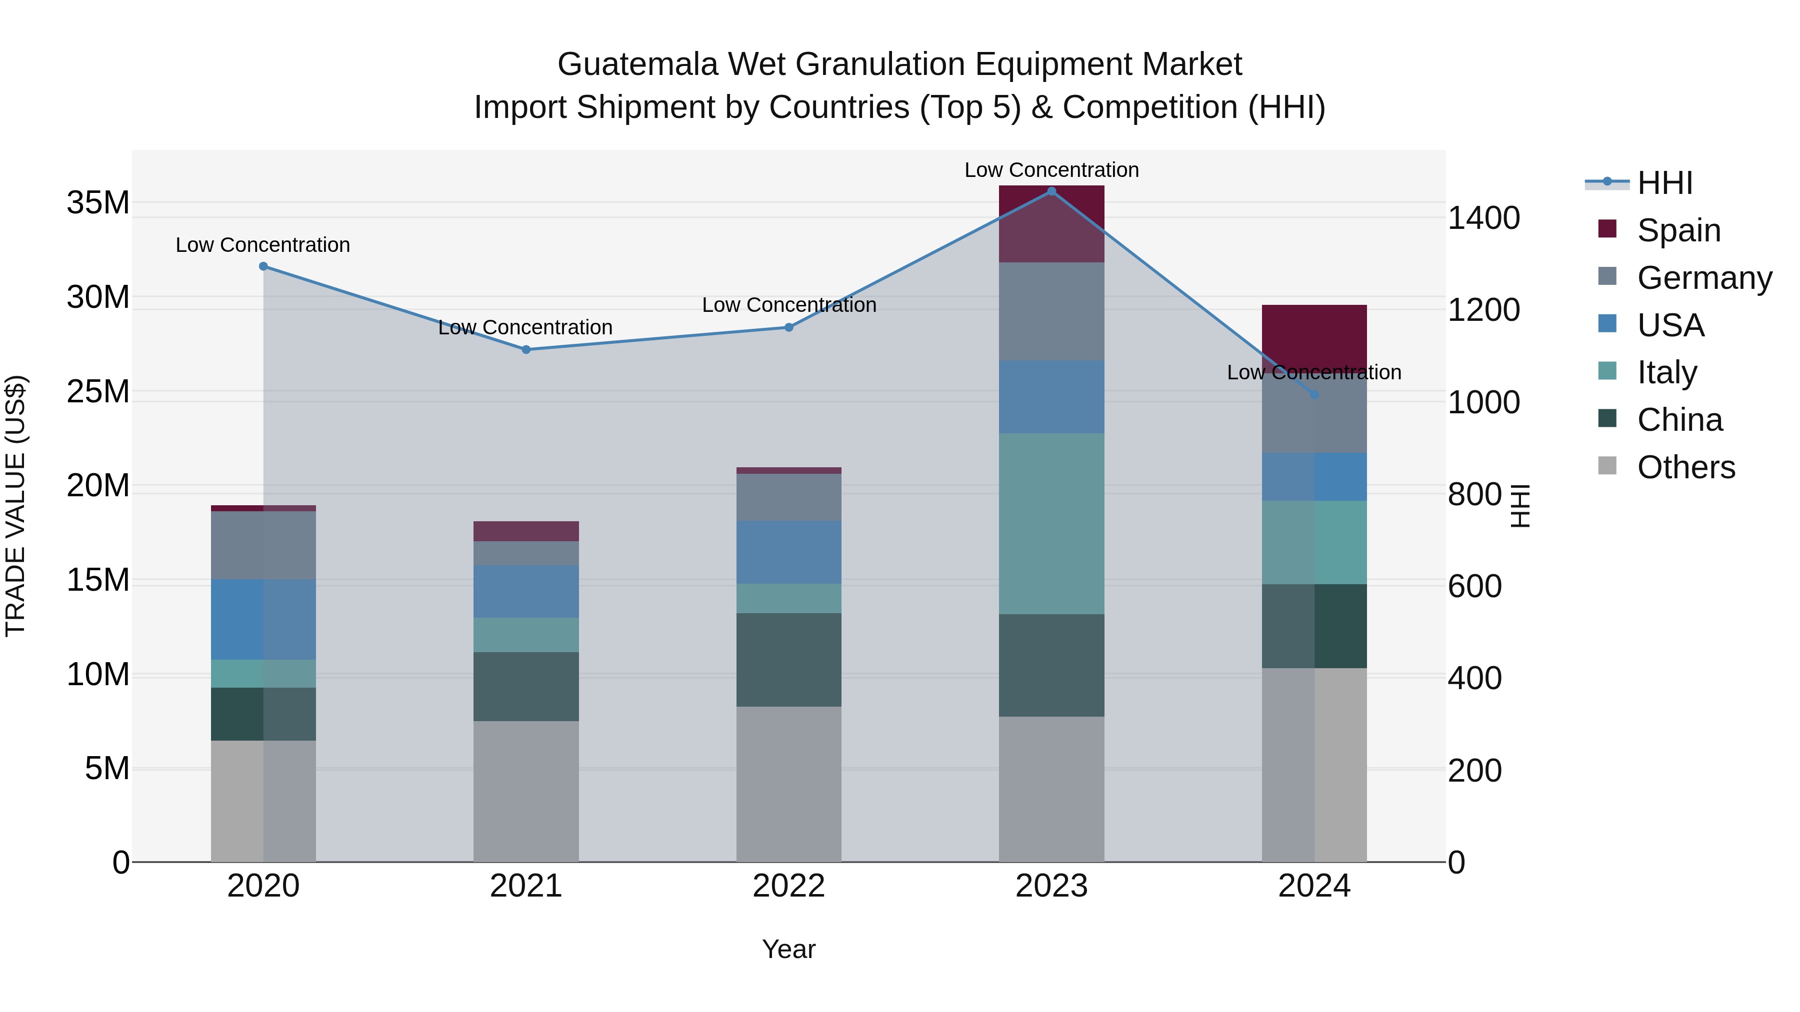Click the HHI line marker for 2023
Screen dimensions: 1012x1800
1051,191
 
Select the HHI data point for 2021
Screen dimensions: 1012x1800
526,349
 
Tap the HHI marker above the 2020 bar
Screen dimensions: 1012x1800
263,266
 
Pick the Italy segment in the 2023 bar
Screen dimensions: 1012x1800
1051,523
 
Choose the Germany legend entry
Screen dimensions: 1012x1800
1703,278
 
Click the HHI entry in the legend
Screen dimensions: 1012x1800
1664,183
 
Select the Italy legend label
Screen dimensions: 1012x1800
1666,372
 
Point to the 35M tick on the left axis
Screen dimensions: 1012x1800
98,202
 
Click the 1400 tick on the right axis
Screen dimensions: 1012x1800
1483,218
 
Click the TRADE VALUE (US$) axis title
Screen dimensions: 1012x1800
16,506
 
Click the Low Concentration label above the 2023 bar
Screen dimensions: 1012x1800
1051,170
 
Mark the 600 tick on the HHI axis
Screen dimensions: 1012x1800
1474,586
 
